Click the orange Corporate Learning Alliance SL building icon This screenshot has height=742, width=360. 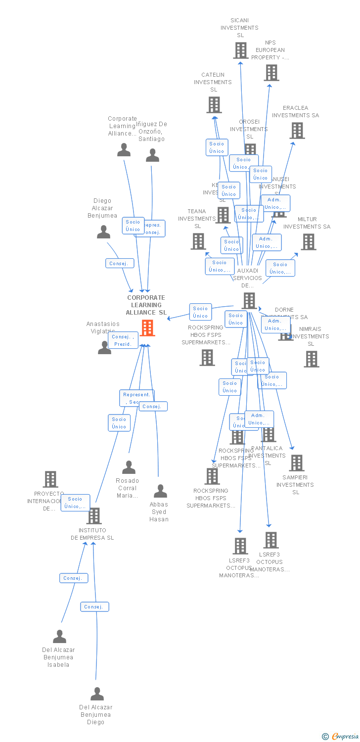[x=147, y=328]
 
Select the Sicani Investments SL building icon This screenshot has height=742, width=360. [x=240, y=50]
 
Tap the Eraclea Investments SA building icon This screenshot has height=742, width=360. [x=297, y=131]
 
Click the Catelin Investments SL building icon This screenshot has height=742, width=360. [x=214, y=105]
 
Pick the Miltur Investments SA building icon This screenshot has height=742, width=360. [x=309, y=242]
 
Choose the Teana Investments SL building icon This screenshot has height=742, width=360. [x=198, y=241]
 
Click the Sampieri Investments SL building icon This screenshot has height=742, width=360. [x=296, y=463]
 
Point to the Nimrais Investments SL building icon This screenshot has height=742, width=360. [x=312, y=359]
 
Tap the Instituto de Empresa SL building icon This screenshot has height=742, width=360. [x=93, y=516]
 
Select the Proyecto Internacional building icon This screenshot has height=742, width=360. [x=50, y=479]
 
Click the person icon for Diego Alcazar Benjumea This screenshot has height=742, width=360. [x=103, y=232]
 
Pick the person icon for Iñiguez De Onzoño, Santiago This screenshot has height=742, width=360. [x=152, y=156]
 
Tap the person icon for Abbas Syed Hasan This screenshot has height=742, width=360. [x=160, y=491]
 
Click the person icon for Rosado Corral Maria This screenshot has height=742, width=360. [x=129, y=467]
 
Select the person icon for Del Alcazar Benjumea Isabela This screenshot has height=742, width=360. [x=59, y=636]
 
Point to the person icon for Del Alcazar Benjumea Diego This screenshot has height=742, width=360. [x=97, y=694]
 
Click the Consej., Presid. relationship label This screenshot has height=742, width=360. [x=123, y=340]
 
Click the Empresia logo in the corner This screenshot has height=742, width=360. [x=341, y=737]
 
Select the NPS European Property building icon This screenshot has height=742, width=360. [x=271, y=73]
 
